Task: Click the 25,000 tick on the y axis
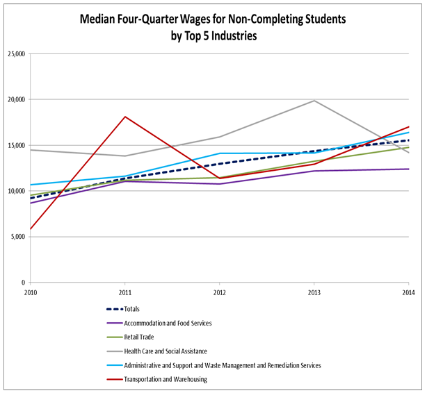(x=15, y=54)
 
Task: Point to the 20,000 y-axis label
(x=15, y=100)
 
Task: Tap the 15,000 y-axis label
(x=15, y=146)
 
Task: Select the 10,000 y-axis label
(x=15, y=191)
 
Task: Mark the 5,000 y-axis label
(x=16, y=237)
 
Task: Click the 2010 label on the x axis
(x=30, y=292)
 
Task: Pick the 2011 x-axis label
(x=124, y=292)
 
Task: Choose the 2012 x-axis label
(x=220, y=292)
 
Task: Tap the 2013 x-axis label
(x=314, y=292)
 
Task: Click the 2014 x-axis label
(x=408, y=292)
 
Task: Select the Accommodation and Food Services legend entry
(x=168, y=323)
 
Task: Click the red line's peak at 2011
(x=124, y=117)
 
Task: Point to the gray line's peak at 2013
(x=314, y=101)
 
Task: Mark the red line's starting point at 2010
(x=30, y=229)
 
